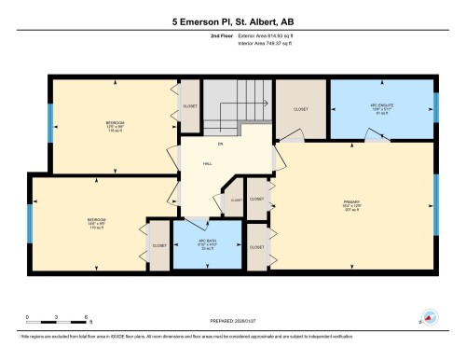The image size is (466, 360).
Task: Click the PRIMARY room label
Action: (351, 203)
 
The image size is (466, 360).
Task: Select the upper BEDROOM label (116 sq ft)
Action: (115, 126)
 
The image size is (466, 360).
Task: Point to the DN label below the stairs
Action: (221, 142)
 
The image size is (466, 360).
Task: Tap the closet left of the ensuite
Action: (300, 110)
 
